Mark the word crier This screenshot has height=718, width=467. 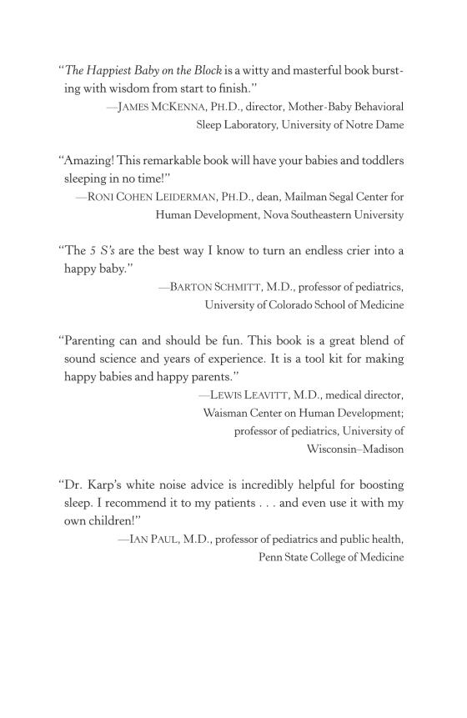(x=352, y=251)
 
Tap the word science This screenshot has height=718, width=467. (x=121, y=359)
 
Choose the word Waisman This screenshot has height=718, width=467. (x=228, y=412)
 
